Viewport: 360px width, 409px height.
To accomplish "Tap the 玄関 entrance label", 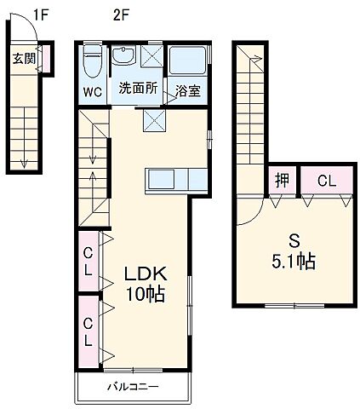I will (23, 59).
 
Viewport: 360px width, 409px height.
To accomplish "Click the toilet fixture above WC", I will (94, 61).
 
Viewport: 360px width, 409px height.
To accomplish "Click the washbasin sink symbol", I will (126, 58).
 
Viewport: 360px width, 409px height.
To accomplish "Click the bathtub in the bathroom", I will (188, 61).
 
